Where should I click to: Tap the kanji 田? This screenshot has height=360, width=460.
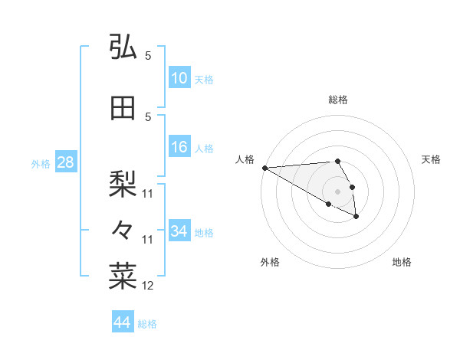(x=123, y=108)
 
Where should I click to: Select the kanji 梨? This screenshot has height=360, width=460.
(x=123, y=183)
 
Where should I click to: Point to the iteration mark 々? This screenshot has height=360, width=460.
(x=123, y=229)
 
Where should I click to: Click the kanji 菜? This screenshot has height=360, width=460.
(x=123, y=275)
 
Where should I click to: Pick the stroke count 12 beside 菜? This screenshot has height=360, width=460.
(x=148, y=286)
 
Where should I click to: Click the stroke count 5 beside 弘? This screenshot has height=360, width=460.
(x=148, y=56)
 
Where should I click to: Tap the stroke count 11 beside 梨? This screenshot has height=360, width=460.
(x=148, y=194)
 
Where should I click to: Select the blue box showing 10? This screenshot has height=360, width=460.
(x=179, y=78)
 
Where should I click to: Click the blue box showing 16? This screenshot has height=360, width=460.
(x=179, y=147)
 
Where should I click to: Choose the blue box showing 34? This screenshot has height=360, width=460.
(x=179, y=231)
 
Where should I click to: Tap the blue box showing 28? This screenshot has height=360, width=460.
(x=65, y=162)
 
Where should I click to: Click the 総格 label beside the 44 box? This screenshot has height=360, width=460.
(x=147, y=324)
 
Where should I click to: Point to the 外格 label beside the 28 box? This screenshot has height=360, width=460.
(x=41, y=163)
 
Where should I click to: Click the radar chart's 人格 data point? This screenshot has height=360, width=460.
(x=264, y=168)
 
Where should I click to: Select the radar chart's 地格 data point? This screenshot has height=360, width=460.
(x=356, y=217)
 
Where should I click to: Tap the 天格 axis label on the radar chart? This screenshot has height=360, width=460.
(x=431, y=159)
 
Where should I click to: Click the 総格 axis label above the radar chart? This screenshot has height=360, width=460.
(x=338, y=100)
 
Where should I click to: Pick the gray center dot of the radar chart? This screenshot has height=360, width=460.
(x=338, y=191)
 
